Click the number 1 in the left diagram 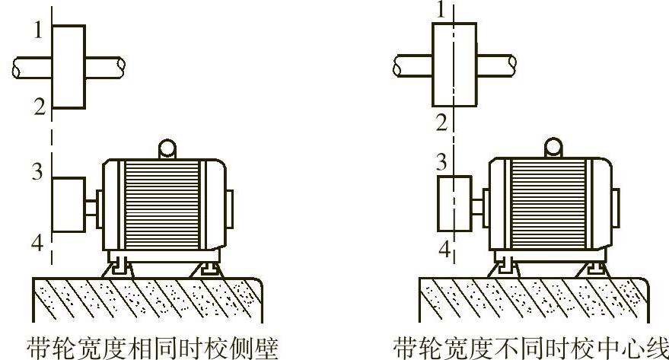point(39,30)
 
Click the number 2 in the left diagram point(39,107)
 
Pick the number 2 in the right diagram point(441,121)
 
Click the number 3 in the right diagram point(440,161)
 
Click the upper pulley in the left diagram point(68,66)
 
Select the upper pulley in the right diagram point(454,64)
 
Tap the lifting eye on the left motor point(167,148)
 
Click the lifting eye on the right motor point(553,147)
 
